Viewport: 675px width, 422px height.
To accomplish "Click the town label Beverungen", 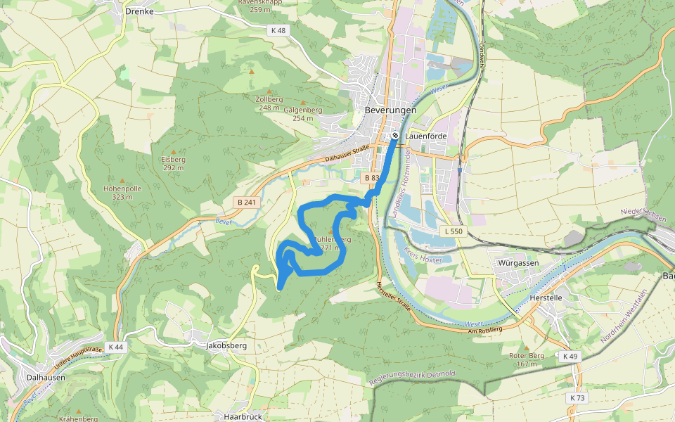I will [390, 110].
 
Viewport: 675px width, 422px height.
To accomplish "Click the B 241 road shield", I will [247, 203].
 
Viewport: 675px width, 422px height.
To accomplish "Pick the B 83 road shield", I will [371, 179].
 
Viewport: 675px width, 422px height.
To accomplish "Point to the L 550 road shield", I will [454, 231].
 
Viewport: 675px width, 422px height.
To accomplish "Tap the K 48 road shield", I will [278, 30].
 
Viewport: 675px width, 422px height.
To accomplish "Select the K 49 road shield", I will [570, 357].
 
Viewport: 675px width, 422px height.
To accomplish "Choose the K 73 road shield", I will [577, 398].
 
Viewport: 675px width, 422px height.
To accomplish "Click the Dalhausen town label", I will [46, 377].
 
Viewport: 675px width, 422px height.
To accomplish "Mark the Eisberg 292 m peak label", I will [173, 163].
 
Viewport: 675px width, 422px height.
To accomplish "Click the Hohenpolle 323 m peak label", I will [122, 193].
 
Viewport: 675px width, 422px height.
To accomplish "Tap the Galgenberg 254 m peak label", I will [303, 114].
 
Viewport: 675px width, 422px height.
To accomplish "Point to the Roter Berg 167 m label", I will [527, 359].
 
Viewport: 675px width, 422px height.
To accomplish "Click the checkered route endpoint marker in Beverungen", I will [396, 136].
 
